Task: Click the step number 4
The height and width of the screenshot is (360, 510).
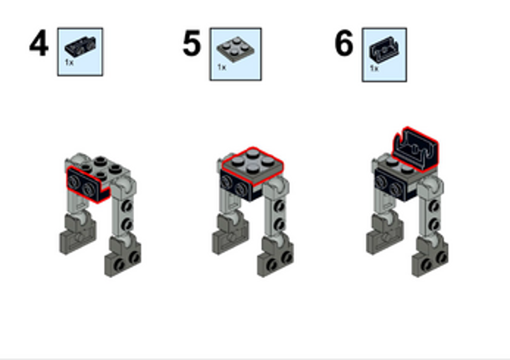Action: [x=39, y=44]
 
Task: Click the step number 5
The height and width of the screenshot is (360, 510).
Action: [x=192, y=44]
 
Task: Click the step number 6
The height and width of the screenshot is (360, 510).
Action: [x=343, y=44]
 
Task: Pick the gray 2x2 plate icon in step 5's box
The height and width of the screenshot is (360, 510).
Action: [x=234, y=47]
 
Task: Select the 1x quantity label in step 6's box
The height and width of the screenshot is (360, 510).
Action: [x=373, y=69]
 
